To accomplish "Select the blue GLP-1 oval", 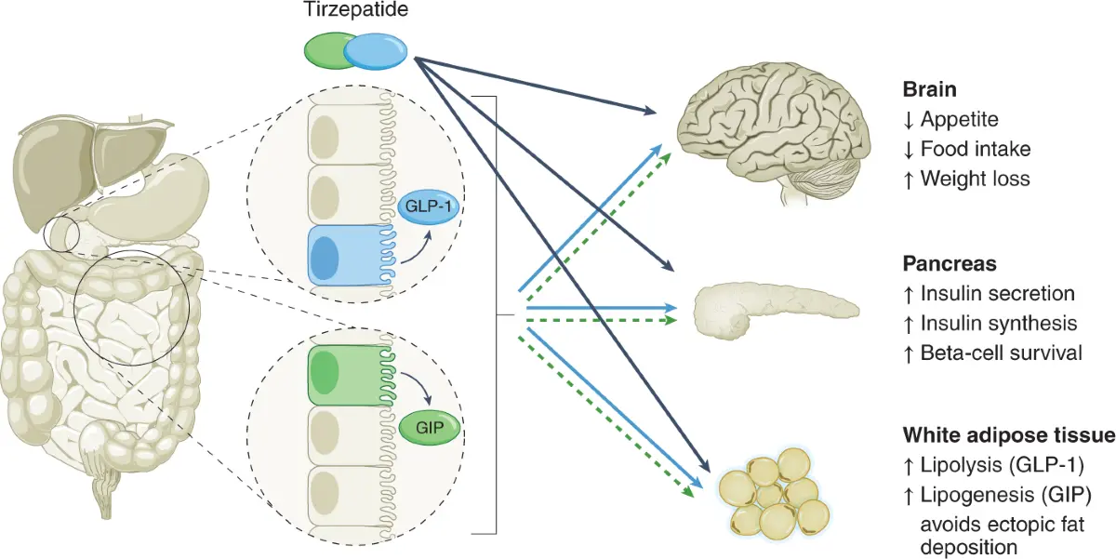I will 424,207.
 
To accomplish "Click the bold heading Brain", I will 930,90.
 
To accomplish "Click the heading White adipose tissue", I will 1008,436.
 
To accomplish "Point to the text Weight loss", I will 975,179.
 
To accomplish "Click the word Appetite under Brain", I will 959,119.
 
